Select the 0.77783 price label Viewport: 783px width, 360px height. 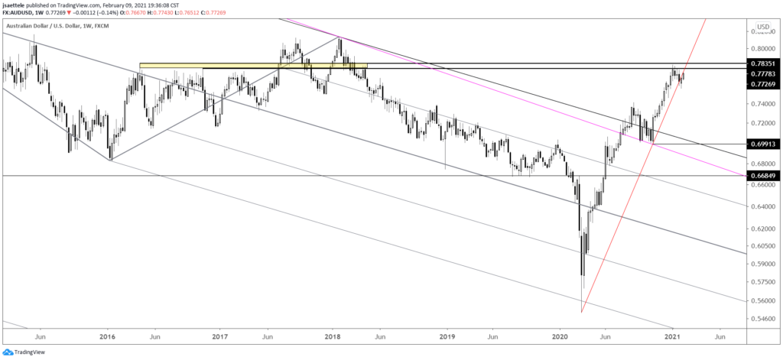(x=765, y=73)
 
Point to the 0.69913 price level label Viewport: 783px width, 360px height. (x=765, y=144)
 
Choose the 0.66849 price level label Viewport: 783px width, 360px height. (x=765, y=176)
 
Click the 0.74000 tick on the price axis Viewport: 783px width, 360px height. (x=765, y=103)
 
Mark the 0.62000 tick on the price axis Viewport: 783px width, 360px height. (x=765, y=229)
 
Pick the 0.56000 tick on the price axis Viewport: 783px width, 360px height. (x=765, y=299)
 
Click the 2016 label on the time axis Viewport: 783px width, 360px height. (x=107, y=336)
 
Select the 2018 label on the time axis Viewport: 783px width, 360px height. (x=333, y=336)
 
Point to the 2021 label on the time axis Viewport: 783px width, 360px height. (x=673, y=336)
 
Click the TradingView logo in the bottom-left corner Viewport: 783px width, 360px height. (x=27, y=352)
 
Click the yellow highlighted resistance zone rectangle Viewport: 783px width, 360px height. (x=253, y=66)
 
